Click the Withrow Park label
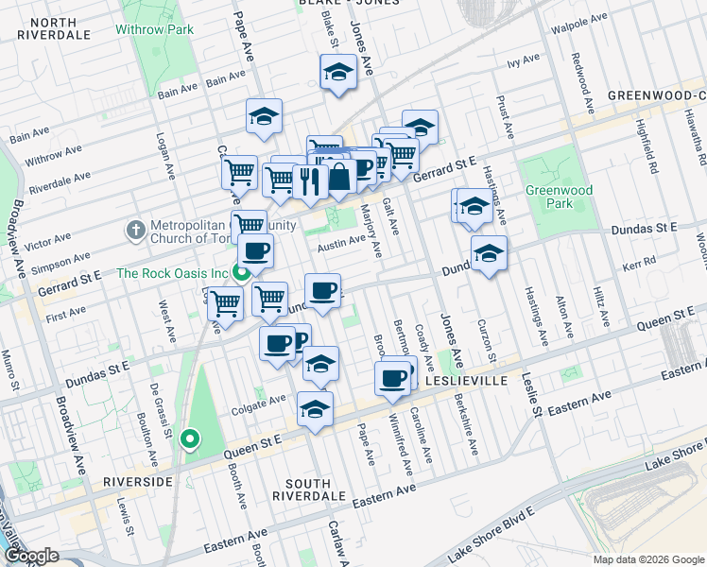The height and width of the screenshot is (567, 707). pyautogui.click(x=154, y=29)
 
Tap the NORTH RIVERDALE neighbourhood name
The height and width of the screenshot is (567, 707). pyautogui.click(x=53, y=28)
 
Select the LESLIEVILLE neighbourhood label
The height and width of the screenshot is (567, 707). pyautogui.click(x=467, y=380)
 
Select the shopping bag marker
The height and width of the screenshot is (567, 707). pyautogui.click(x=338, y=176)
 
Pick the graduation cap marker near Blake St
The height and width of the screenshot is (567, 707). pyautogui.click(x=337, y=73)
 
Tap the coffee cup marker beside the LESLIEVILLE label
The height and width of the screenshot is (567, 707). pyautogui.click(x=392, y=379)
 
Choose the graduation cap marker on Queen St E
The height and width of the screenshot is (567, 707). pyautogui.click(x=315, y=408)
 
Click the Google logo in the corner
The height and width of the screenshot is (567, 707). pyautogui.click(x=31, y=555)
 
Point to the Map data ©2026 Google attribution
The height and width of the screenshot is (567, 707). pyautogui.click(x=648, y=559)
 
